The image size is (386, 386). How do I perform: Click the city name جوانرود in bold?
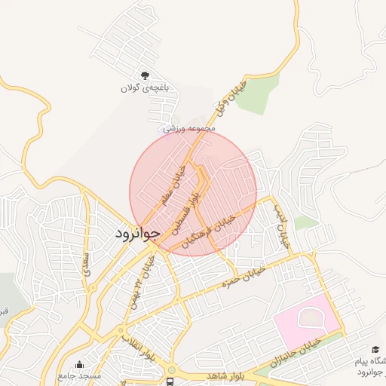pos(136,234)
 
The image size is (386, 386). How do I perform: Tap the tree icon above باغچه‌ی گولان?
pos(146,75)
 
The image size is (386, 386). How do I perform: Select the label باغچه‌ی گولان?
pos(146,88)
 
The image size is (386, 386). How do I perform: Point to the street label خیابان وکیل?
pos(231,98)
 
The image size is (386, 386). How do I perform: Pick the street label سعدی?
pos(87,260)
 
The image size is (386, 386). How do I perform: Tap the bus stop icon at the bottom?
pos(170,381)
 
